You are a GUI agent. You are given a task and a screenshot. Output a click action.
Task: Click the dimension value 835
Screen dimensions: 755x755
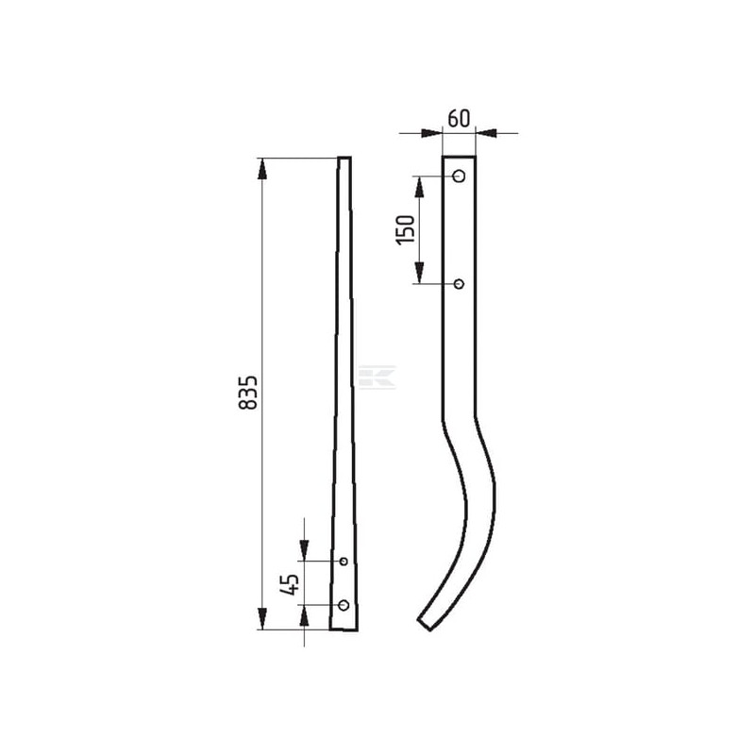click(x=248, y=393)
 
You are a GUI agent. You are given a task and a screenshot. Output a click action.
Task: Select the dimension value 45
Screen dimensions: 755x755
click(x=290, y=584)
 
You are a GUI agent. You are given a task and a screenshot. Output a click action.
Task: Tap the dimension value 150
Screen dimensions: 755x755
click(x=406, y=229)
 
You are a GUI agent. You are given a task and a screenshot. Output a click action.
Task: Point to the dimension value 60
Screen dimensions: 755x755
click(x=458, y=119)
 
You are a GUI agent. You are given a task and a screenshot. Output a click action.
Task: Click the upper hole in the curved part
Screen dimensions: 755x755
click(x=460, y=176)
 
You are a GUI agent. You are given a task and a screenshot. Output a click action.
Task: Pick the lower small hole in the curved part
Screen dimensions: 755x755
click(x=460, y=284)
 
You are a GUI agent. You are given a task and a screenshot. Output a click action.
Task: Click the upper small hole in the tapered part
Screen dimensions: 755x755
click(x=344, y=561)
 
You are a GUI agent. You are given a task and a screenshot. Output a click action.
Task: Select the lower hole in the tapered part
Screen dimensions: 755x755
click(x=344, y=605)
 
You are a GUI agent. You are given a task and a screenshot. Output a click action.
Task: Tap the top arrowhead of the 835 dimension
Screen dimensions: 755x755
click(x=262, y=169)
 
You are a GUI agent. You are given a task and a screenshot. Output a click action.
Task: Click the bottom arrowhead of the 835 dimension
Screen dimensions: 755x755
click(x=262, y=618)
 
